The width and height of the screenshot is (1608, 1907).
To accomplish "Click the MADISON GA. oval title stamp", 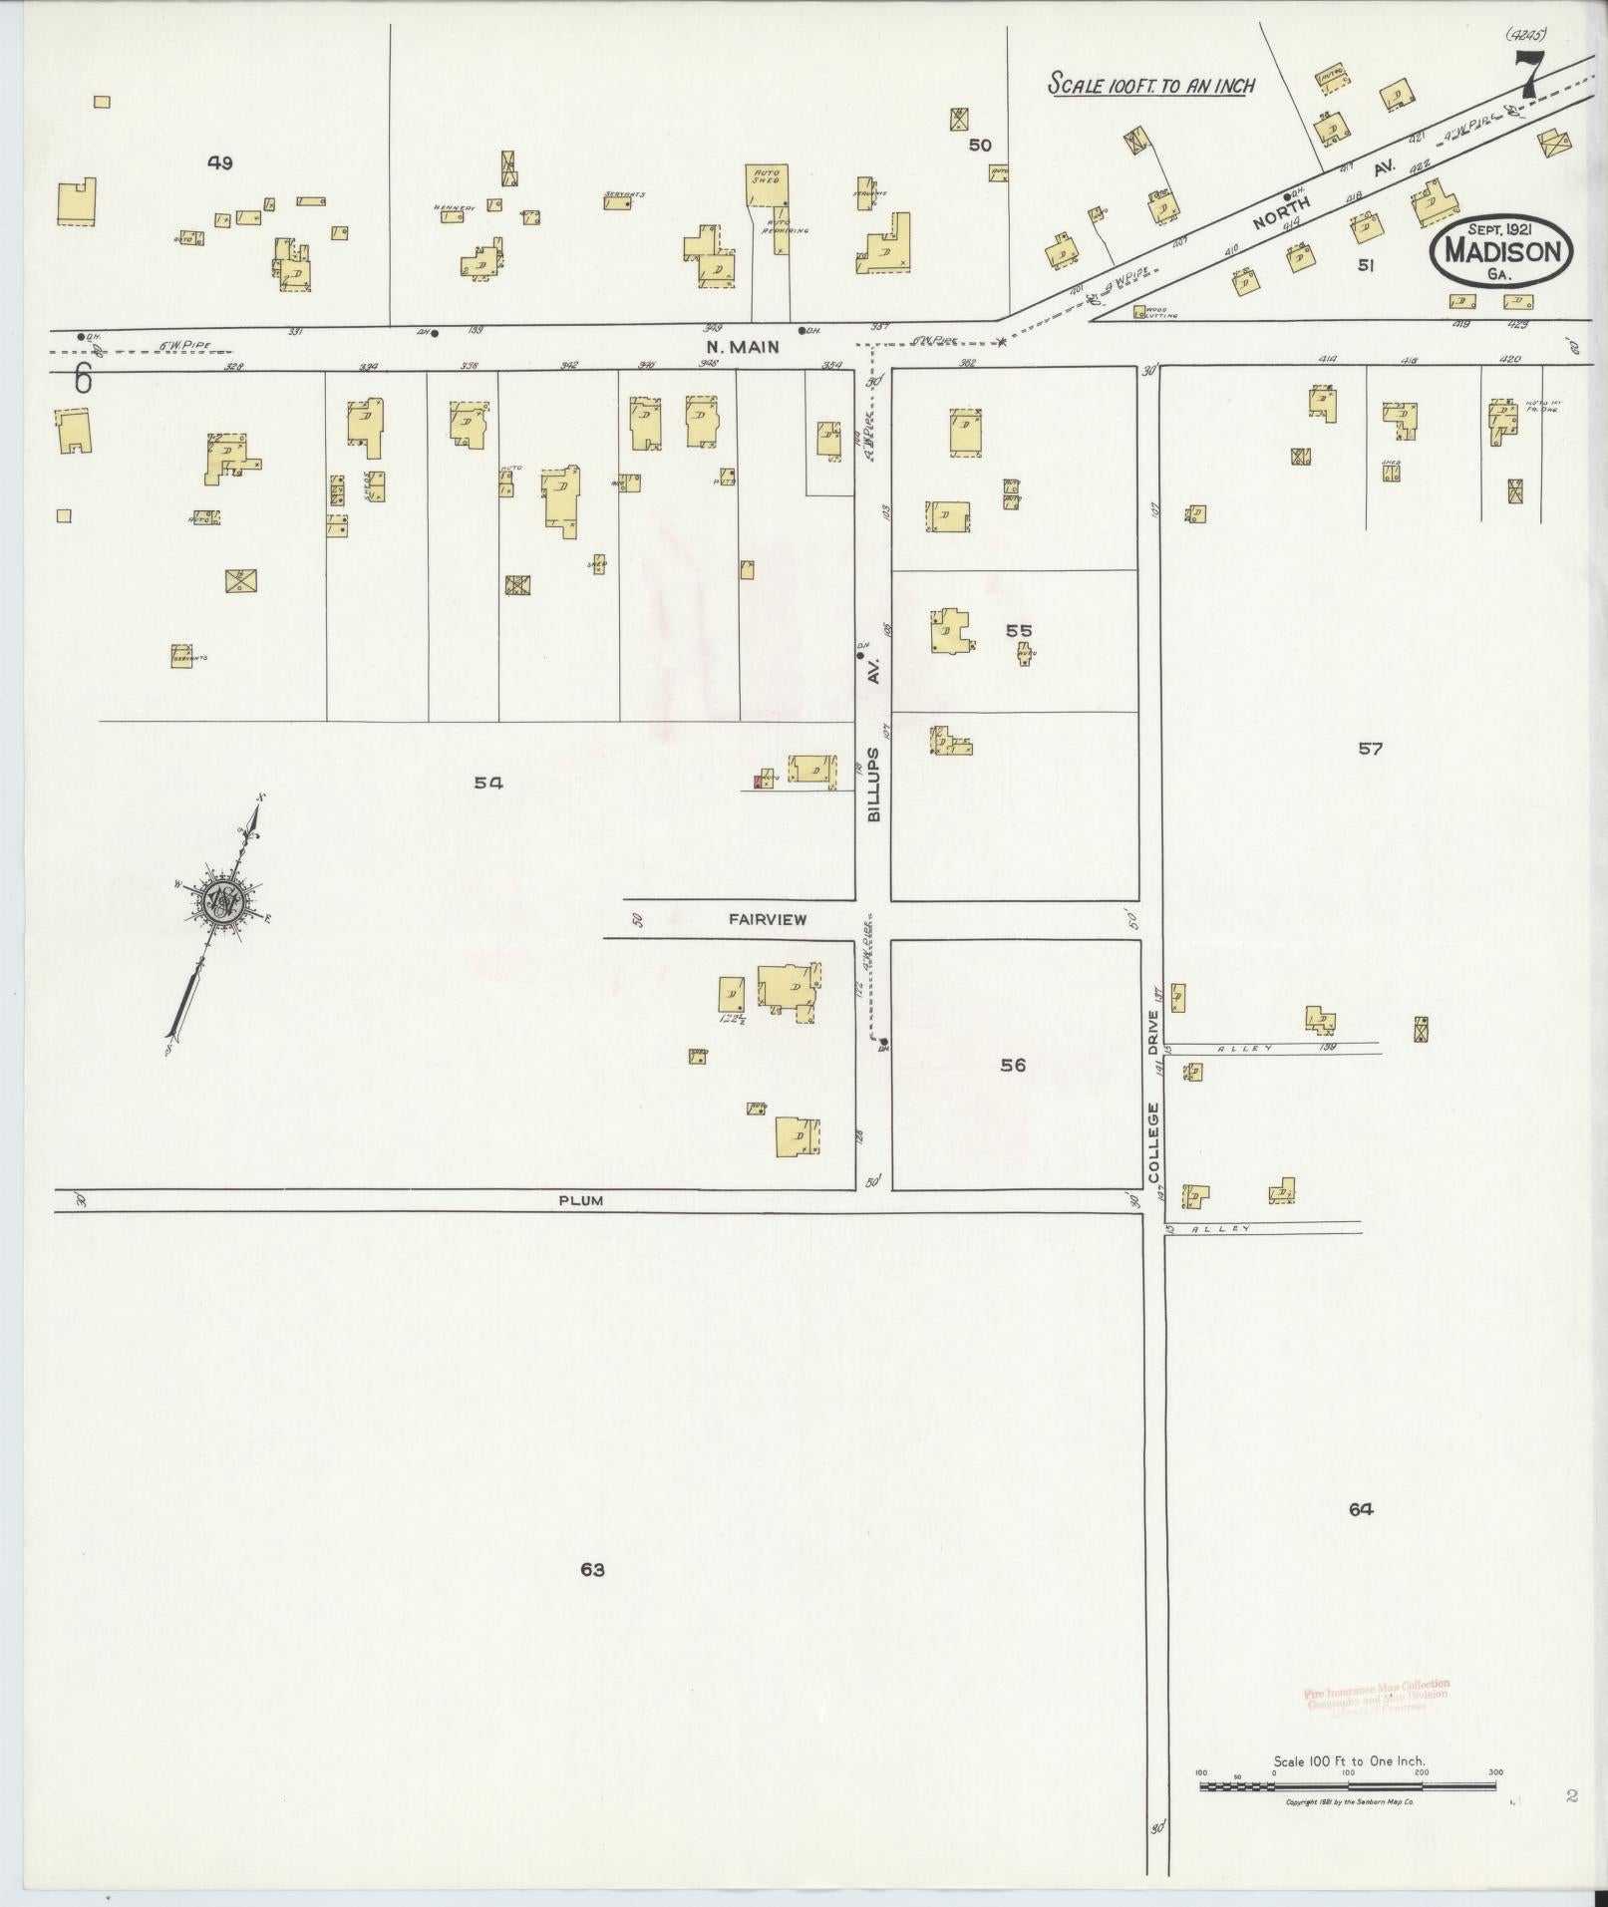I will [1500, 252].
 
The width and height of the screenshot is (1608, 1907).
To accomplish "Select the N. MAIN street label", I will [742, 347].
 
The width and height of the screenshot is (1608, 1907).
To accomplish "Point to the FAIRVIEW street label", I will [767, 919].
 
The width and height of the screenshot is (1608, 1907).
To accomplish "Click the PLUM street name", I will [580, 1200].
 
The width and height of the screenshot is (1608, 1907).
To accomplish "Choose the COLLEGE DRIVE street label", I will [1153, 1097].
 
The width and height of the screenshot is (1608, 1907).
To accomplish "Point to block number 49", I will [220, 162].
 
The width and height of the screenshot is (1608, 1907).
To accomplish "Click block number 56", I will [1013, 1065].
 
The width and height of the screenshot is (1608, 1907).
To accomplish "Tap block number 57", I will [1371, 748].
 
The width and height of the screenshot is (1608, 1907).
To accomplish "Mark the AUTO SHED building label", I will [767, 177].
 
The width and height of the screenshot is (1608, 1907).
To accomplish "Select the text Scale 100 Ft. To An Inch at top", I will [1150, 85].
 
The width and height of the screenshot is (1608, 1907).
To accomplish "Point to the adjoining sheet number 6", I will [83, 380].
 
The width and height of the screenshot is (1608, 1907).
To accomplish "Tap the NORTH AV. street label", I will [1316, 192].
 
